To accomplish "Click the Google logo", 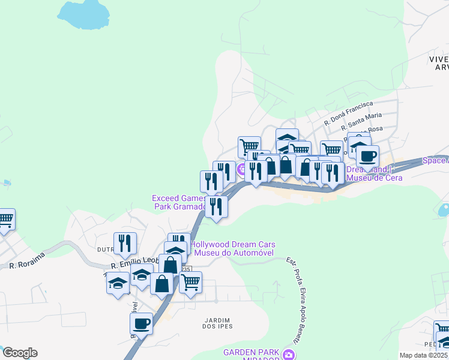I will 20,353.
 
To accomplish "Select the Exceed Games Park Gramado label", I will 179,202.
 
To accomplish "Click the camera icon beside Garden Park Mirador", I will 289,355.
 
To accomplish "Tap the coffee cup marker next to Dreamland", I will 367,157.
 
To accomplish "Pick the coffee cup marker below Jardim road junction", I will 142,324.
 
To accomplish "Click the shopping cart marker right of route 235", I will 190,283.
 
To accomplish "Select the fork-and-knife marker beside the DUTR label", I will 125,243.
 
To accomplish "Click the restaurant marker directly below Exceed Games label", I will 216,207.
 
